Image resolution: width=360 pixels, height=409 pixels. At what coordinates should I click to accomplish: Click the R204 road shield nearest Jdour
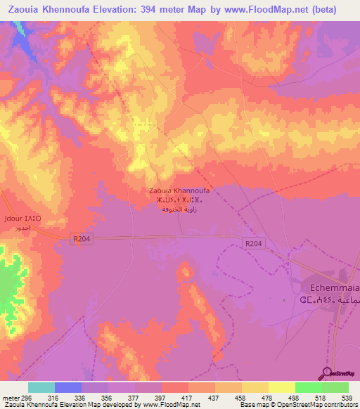pos(82,239)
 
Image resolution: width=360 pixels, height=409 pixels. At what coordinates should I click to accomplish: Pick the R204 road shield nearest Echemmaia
pos(255,243)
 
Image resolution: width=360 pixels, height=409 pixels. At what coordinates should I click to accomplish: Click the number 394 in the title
pos(149,9)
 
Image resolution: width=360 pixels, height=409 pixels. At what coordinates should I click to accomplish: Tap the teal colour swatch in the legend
pos(41,387)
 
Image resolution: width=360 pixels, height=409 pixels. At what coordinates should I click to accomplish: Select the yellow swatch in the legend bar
pos(281,387)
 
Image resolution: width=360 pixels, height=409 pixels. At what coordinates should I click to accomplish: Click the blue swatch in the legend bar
pos(68,387)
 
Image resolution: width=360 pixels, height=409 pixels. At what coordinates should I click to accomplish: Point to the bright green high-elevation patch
pos(9,285)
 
